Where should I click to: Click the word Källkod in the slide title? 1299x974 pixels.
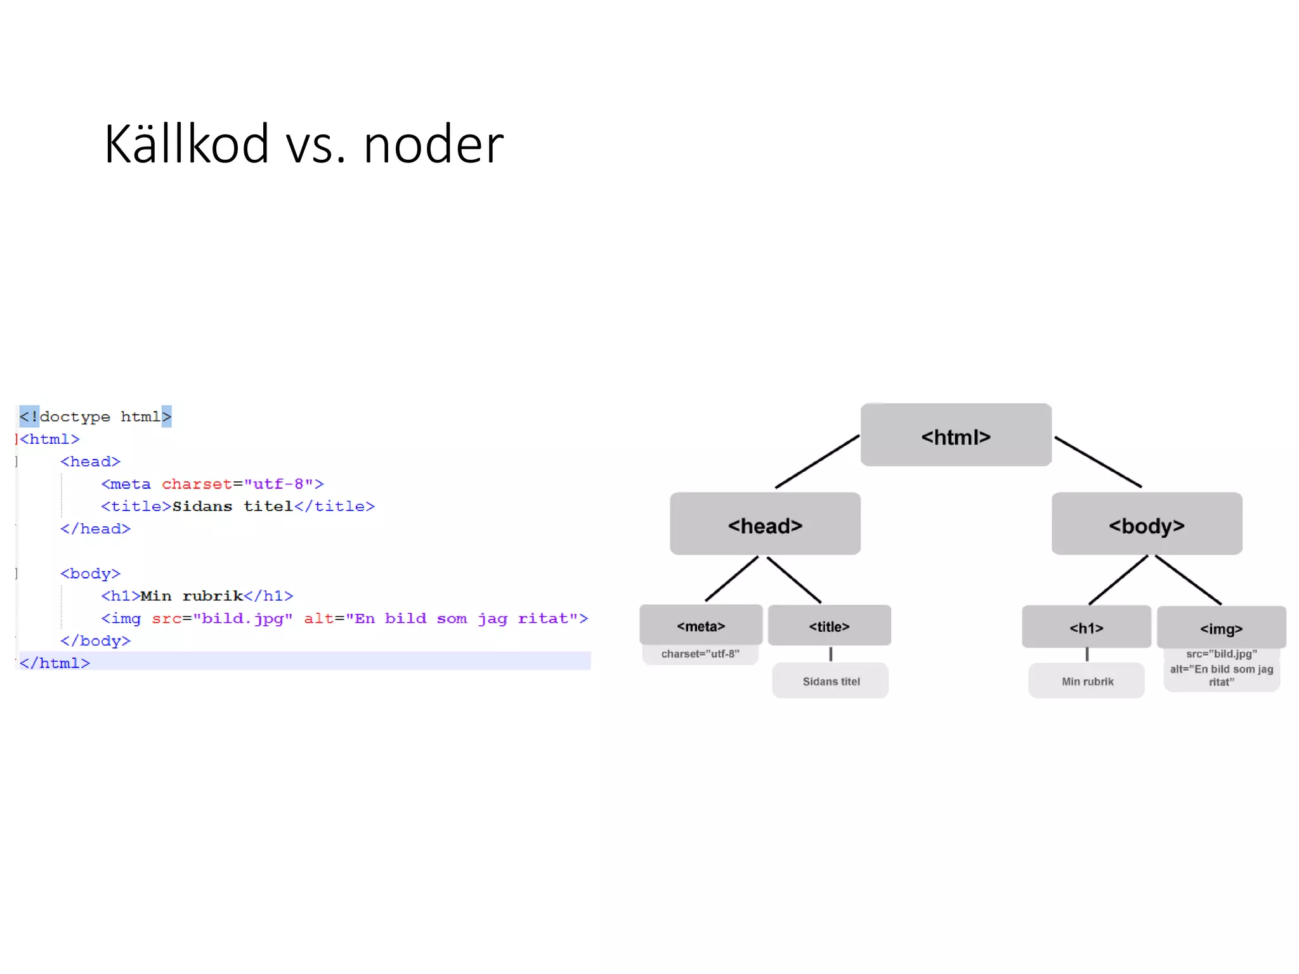click(186, 145)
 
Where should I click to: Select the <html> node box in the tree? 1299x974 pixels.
click(955, 436)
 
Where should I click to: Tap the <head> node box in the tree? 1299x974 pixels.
click(765, 524)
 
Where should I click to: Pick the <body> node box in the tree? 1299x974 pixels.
click(1146, 524)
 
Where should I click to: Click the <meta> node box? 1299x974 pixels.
click(700, 625)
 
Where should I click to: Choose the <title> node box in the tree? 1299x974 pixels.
click(829, 626)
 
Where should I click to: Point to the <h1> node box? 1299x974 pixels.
click(1086, 627)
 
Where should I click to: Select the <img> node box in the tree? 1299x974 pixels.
click(1221, 628)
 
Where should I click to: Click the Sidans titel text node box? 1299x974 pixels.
click(830, 681)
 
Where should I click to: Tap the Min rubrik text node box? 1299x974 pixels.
click(1087, 681)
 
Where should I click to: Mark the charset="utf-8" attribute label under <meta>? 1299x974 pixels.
click(700, 654)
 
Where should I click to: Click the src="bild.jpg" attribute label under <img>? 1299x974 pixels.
click(1221, 654)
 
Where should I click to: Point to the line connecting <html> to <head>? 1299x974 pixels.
click(817, 462)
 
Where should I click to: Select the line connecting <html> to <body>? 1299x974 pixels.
click(1097, 462)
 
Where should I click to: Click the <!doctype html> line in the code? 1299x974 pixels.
click(95, 417)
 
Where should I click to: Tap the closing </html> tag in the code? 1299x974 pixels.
click(55, 663)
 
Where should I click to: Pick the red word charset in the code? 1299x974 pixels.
click(197, 484)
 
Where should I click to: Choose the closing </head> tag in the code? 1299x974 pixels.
click(95, 529)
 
